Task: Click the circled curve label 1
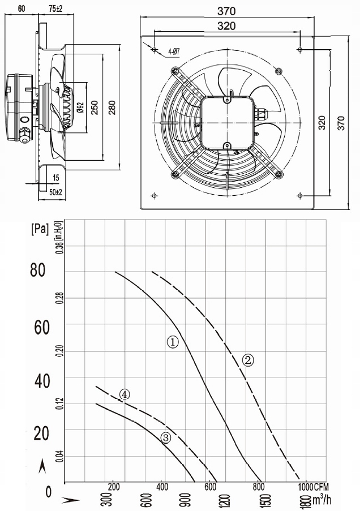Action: [173, 342]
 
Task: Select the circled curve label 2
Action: [248, 360]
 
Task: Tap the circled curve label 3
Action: [166, 437]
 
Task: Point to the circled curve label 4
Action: [124, 394]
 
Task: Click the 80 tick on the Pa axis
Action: [37, 270]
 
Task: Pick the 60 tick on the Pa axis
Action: [41, 327]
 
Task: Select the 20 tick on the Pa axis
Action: [41, 433]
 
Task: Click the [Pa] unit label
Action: [40, 229]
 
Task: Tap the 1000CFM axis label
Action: [314, 487]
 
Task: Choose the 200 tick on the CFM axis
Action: [114, 487]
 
